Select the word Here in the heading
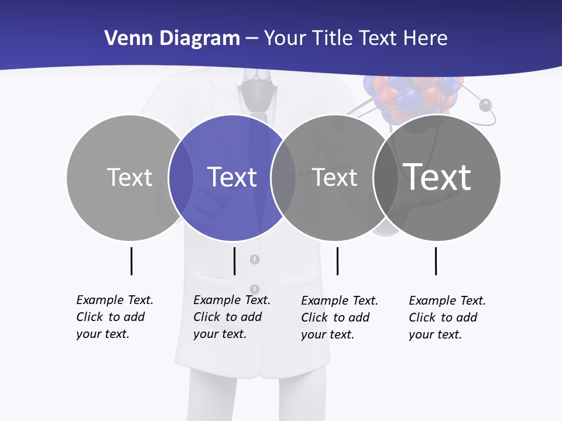[426, 39]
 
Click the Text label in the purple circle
[232, 177]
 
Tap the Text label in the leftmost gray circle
[129, 177]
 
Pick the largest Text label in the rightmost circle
[437, 177]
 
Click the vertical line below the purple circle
[234, 261]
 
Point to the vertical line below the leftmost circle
[131, 261]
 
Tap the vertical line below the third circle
[337, 261]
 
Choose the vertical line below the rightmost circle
[436, 261]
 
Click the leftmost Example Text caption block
[115, 317]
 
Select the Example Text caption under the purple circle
[232, 317]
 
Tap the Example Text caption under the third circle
[340, 318]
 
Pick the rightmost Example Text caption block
[447, 318]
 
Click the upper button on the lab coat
[255, 258]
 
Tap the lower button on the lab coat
[255, 289]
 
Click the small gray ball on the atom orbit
[485, 105]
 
